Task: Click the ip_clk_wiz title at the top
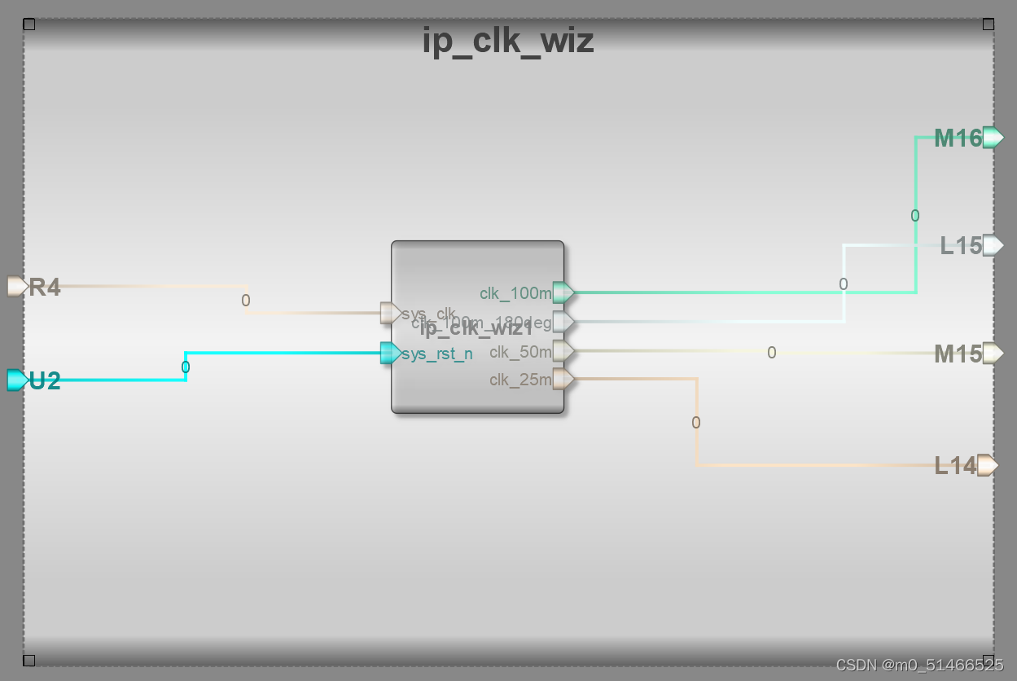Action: click(x=508, y=41)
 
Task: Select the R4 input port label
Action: click(x=45, y=288)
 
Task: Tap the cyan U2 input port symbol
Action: click(x=17, y=380)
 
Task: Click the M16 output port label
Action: click(x=958, y=138)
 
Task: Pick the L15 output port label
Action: click(x=961, y=246)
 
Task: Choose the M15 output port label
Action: click(x=958, y=354)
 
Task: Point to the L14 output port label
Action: click(x=955, y=466)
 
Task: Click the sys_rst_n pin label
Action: click(x=437, y=354)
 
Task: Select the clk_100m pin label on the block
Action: click(x=515, y=293)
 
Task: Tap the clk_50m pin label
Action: click(x=520, y=353)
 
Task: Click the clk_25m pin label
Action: click(x=520, y=380)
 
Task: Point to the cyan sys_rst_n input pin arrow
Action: click(x=391, y=354)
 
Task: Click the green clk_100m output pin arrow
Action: click(x=563, y=292)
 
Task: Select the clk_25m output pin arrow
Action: click(x=563, y=379)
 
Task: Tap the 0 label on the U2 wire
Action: click(x=186, y=367)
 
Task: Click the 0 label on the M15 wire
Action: click(x=771, y=353)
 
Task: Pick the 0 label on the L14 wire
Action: click(x=695, y=423)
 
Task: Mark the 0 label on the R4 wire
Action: click(x=246, y=301)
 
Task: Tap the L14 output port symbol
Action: click(x=988, y=465)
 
